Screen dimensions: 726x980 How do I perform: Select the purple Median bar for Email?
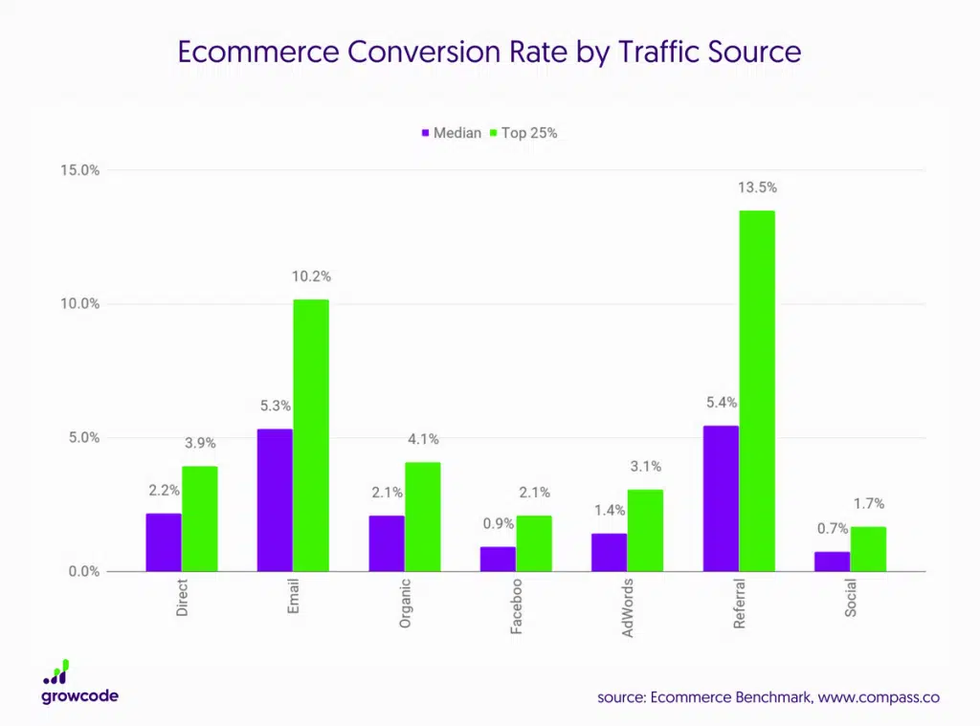click(x=275, y=499)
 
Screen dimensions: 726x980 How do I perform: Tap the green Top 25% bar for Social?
click(x=868, y=549)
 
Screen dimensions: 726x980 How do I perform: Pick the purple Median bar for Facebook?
click(x=498, y=559)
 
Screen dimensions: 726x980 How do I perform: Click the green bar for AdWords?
click(x=645, y=530)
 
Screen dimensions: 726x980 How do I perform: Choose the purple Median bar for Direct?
click(x=164, y=542)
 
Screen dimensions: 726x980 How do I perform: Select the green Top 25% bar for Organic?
click(x=422, y=517)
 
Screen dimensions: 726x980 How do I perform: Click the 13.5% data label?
click(x=756, y=188)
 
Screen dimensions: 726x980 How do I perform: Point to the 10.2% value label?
click(x=311, y=277)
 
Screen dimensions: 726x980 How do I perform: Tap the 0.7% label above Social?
click(x=833, y=529)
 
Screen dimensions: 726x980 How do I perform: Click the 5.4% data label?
click(x=722, y=403)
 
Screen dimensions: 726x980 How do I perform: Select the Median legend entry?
click(x=451, y=133)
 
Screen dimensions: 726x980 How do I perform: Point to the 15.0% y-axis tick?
click(x=79, y=170)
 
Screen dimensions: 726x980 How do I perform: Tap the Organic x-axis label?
click(x=405, y=603)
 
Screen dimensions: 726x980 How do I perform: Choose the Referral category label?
click(x=739, y=604)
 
